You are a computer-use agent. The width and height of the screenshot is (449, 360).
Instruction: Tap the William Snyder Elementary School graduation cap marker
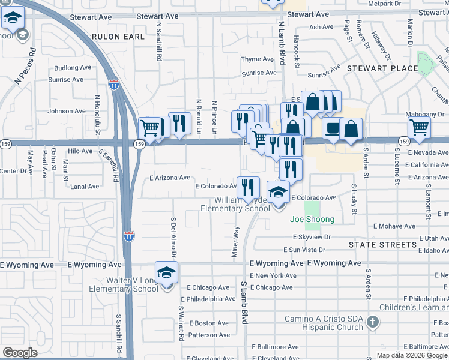tap(278, 193)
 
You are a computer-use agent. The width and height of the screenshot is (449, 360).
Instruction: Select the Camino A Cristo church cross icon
tap(372, 323)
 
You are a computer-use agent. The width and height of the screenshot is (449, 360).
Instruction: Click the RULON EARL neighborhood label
tap(118, 37)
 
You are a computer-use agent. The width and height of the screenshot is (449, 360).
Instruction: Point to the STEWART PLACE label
tap(382, 68)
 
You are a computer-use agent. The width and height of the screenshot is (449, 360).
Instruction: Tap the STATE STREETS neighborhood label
tap(382, 245)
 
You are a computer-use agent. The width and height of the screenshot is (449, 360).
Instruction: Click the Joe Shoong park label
tap(312, 220)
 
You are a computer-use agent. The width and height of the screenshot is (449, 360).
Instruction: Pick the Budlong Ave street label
tap(72, 68)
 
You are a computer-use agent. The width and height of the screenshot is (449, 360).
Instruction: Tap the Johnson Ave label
tap(67, 111)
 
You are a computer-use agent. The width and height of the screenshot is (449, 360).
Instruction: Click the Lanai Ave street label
tap(85, 187)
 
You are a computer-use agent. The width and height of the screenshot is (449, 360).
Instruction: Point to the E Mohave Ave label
tap(394, 227)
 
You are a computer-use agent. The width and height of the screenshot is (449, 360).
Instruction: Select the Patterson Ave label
tap(209, 335)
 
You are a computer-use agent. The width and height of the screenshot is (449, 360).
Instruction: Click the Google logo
tap(20, 352)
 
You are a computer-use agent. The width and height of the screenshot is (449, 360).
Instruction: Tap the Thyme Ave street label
tap(258, 59)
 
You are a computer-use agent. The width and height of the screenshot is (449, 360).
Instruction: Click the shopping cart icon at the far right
tap(419, 128)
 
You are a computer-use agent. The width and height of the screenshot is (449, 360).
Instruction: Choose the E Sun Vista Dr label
tap(304, 250)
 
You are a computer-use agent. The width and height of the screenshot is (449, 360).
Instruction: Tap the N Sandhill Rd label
tap(159, 43)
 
